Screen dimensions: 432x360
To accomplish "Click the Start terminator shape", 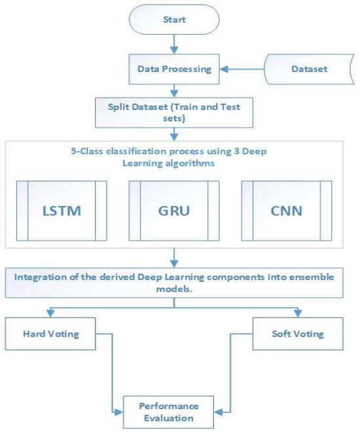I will click(x=173, y=20).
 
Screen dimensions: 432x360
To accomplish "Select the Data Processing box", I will click(x=173, y=67).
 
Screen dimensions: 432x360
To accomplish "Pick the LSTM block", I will click(x=62, y=213).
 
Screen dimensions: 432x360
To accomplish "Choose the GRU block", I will click(x=173, y=213).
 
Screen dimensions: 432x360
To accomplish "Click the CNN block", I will click(x=286, y=213).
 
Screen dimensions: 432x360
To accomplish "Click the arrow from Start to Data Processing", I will click(x=173, y=43).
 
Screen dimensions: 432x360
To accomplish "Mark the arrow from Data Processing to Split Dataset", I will click(x=173, y=88).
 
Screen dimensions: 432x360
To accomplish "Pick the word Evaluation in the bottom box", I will click(x=171, y=418).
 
